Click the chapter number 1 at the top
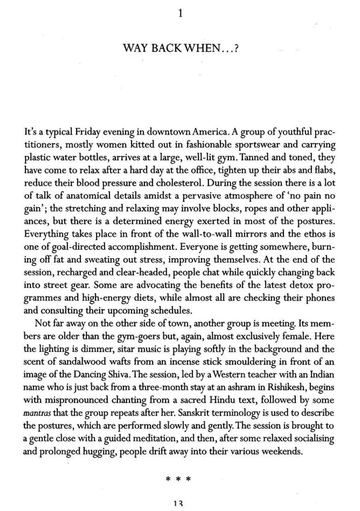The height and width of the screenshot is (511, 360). (x=180, y=14)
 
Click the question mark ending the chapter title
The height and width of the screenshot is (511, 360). (x=235, y=48)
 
